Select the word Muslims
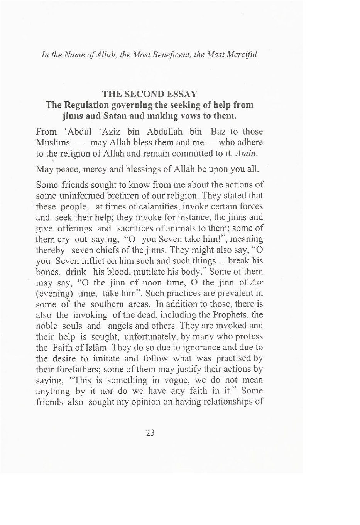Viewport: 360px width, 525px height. (x=53, y=142)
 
